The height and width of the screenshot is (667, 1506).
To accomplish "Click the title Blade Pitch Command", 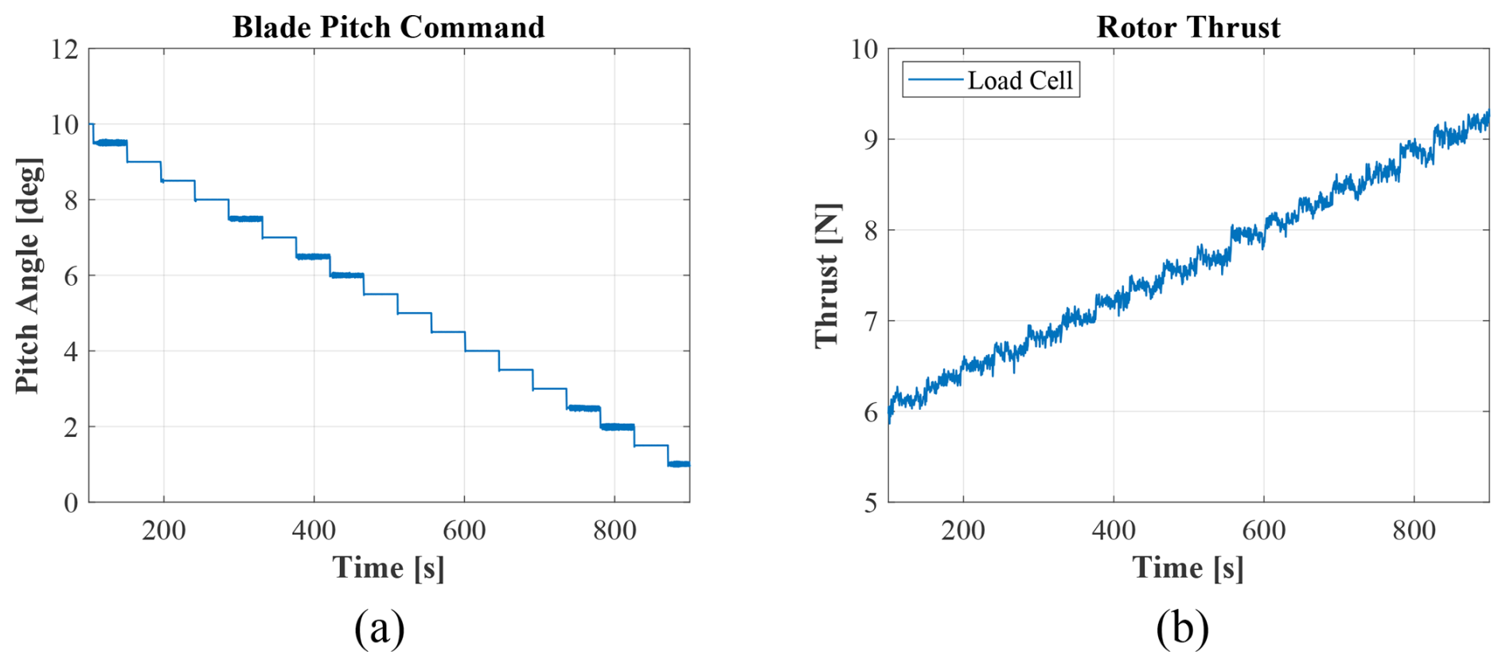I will pos(388,27).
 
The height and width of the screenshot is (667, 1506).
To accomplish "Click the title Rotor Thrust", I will pos(1188,27).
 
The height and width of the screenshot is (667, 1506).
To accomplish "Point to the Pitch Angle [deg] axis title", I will pos(28,275).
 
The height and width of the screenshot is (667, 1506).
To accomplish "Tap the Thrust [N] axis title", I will pos(828,275).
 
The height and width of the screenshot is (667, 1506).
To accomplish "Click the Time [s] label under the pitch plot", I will pos(388,568).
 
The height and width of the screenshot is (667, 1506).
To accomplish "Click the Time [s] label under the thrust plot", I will pos(1188,568).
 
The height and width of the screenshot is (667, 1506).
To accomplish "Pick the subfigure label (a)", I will pos(380,628).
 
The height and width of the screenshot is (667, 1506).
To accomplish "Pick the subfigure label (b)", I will pos(1182,628).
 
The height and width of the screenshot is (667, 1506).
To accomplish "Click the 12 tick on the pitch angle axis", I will pos(64,49).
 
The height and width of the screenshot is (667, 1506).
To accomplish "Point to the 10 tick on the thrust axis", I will pos(864,49).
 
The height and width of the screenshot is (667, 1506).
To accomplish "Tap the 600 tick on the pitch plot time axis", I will pos(464,530).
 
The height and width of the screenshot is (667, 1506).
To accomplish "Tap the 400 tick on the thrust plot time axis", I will pos(1113,530).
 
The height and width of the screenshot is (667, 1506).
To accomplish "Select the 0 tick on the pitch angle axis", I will pos(71,503).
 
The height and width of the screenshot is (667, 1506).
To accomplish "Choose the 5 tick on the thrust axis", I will pos(870,503).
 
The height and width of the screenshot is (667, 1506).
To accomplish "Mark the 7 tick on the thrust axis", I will pos(870,322).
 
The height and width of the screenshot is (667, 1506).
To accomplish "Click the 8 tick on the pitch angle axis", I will pos(71,201).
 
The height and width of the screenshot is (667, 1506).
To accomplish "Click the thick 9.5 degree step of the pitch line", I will pos(111,142).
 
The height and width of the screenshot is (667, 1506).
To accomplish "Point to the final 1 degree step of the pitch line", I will pos(679,464).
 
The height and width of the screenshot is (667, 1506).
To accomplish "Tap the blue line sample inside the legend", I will pos(934,80).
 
